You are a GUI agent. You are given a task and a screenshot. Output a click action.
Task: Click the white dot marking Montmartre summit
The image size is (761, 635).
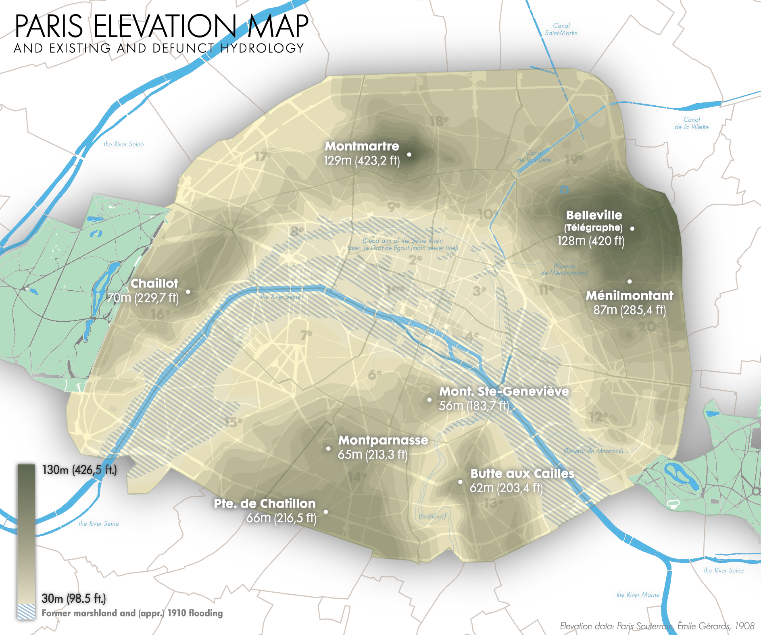(409, 154)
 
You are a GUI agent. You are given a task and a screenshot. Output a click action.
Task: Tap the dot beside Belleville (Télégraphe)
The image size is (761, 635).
(632, 229)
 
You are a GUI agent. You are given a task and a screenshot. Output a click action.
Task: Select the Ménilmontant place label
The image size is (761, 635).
(629, 296)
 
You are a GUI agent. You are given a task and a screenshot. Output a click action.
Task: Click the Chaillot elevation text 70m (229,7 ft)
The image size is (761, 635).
(143, 298)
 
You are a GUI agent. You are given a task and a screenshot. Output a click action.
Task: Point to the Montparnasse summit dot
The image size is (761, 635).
(328, 448)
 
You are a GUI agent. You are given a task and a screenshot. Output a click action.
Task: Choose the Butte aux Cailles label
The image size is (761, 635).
(522, 473)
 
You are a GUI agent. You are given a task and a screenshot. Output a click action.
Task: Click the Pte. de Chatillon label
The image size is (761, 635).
(265, 504)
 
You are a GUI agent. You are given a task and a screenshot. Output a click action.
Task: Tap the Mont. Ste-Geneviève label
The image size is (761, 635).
(504, 391)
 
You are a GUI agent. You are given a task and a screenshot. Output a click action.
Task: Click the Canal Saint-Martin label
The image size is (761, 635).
(561, 29)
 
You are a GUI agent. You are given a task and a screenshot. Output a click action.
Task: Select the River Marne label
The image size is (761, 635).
(638, 595)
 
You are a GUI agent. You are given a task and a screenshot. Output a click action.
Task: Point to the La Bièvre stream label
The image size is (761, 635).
(432, 516)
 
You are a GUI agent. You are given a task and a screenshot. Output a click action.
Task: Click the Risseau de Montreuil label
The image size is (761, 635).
(593, 451)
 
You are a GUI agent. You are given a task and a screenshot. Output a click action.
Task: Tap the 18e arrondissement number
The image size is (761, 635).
(439, 121)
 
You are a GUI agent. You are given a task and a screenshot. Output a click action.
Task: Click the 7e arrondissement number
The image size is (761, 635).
(306, 334)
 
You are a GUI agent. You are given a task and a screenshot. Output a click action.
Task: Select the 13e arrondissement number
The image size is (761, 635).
(493, 503)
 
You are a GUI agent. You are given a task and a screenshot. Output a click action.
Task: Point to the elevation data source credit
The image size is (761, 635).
(657, 626)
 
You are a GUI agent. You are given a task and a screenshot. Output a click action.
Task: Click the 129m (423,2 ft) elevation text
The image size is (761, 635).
(362, 161)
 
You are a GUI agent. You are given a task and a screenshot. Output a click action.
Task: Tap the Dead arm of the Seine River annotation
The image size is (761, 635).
(403, 244)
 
